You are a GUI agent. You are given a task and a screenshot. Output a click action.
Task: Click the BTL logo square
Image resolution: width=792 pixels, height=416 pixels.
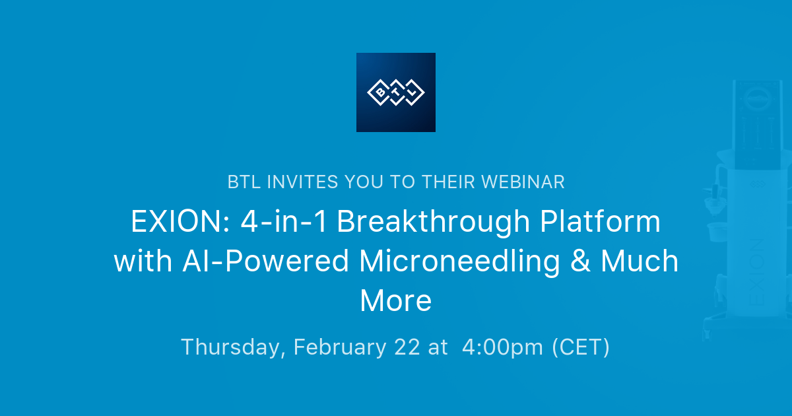pos(395,92)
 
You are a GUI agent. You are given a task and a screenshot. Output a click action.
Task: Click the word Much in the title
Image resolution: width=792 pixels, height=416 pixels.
pos(640,261)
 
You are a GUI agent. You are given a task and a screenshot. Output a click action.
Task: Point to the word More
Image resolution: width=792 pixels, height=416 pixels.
pos(396,300)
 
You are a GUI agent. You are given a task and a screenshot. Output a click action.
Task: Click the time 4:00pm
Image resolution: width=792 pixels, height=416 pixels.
pos(503,347)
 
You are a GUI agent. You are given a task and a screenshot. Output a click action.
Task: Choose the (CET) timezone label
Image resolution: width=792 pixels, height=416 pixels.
pos(581,347)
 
